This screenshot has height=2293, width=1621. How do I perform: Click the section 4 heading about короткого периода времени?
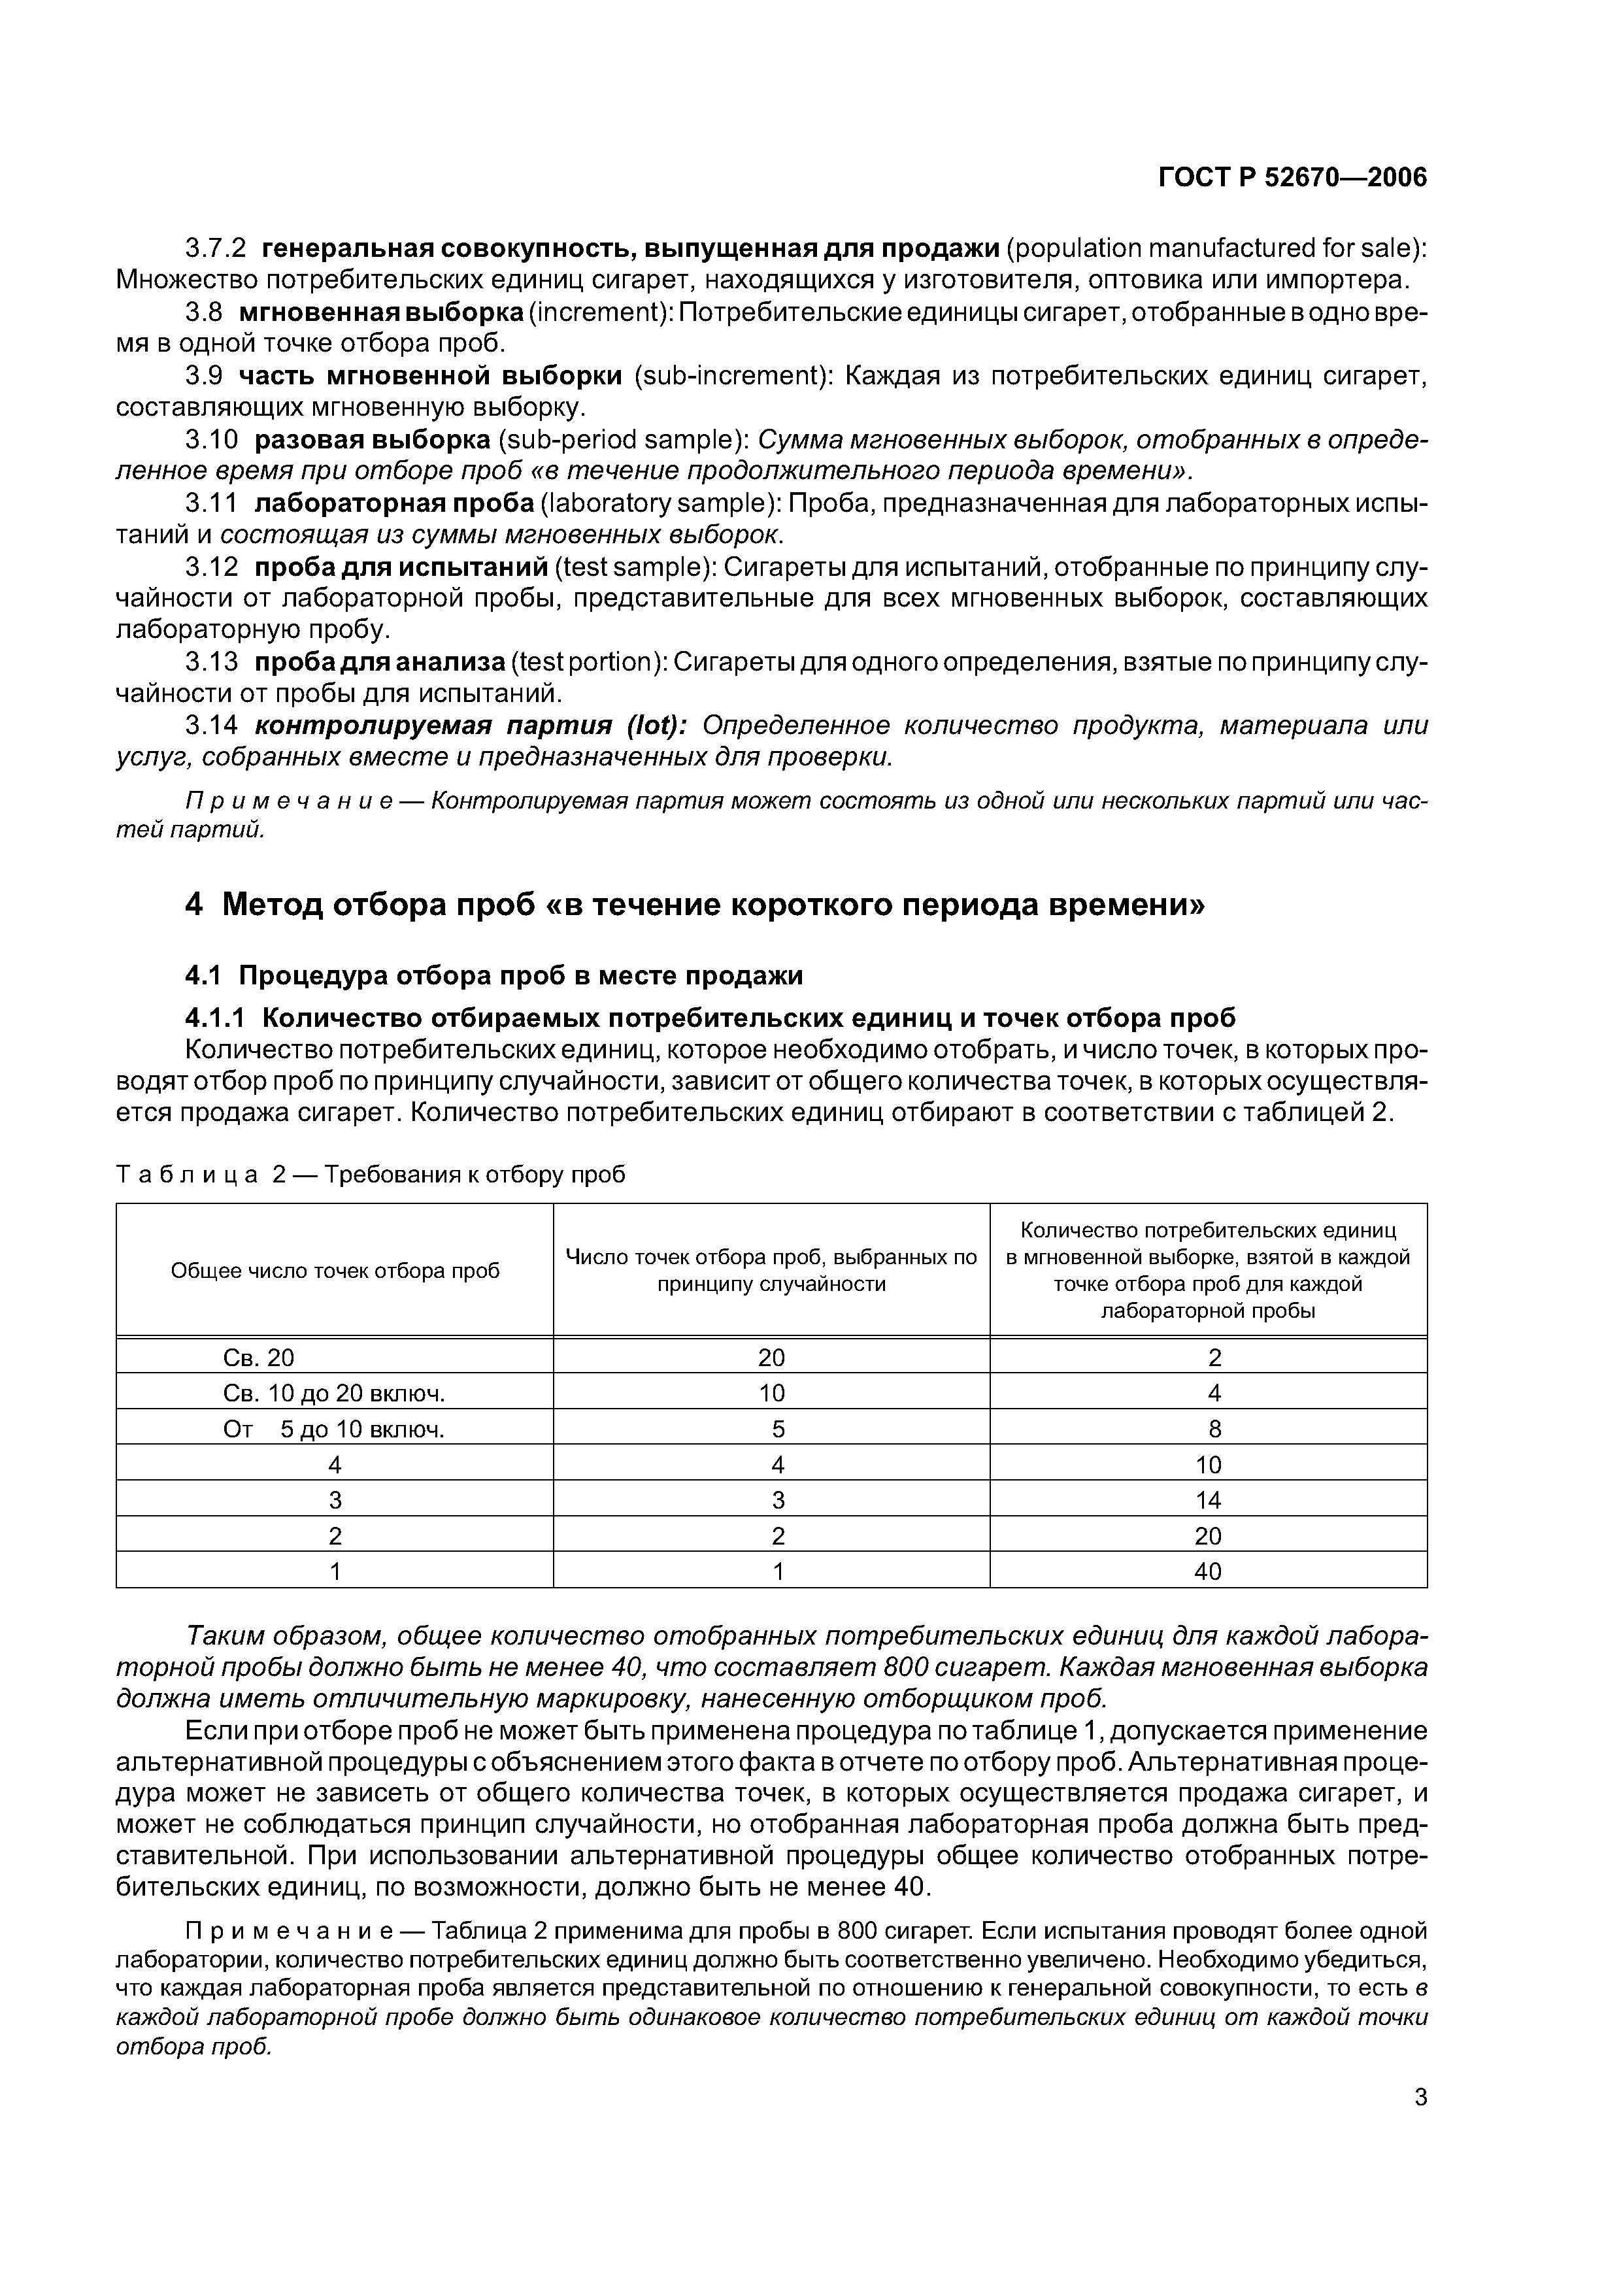[695, 904]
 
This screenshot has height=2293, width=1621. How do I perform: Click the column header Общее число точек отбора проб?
[335, 1270]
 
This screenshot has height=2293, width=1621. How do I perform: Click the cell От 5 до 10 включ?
[333, 1429]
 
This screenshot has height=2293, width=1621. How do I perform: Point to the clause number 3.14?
[212, 725]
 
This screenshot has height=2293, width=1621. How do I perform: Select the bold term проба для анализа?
[380, 662]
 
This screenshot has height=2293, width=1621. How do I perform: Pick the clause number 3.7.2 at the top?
[216, 248]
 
